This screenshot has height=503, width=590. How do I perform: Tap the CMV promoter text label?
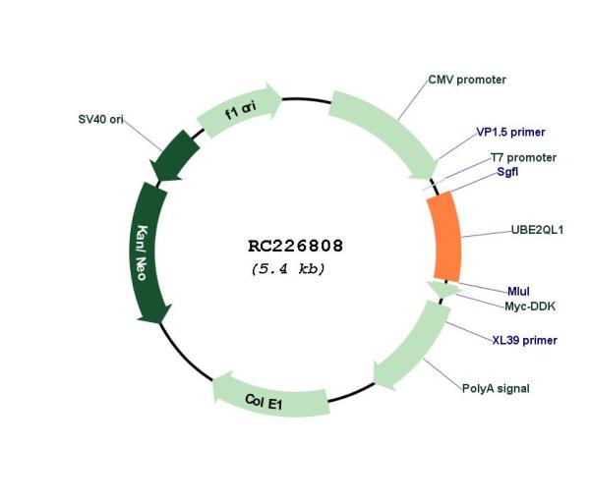[467, 80]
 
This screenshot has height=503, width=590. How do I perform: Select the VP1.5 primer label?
[510, 132]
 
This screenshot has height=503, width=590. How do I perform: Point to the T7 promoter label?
[523, 157]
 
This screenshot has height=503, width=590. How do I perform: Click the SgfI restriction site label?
[507, 172]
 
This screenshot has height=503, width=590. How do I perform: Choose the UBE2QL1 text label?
[537, 230]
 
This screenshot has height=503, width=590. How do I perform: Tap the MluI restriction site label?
[518, 292]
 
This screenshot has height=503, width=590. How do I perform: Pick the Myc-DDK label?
[530, 307]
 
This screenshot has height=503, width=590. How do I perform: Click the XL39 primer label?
[524, 340]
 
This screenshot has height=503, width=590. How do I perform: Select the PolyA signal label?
[496, 388]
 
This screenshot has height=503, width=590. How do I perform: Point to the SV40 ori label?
[100, 119]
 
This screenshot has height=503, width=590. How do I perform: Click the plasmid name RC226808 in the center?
[295, 246]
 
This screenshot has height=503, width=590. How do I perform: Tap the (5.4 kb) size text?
[288, 269]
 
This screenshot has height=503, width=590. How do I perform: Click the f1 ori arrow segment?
[241, 109]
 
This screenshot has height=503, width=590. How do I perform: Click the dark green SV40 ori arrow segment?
[174, 156]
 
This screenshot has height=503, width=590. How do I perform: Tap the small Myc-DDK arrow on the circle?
[444, 289]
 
